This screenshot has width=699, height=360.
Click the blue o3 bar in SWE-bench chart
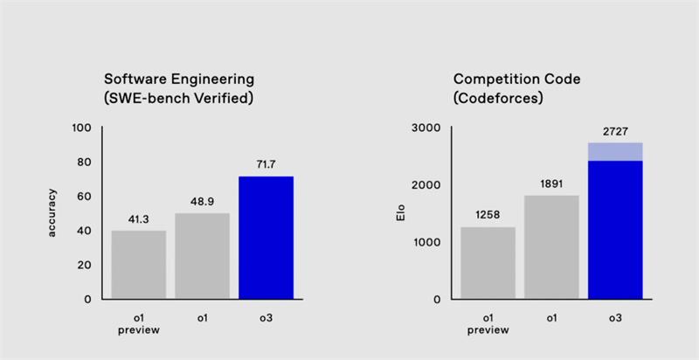[266, 237]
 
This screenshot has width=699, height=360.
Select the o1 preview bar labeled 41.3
[139, 264]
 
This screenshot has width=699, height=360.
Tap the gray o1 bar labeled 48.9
[202, 255]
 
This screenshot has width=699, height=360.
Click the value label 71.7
[266, 165]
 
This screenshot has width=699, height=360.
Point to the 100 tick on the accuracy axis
[82, 128]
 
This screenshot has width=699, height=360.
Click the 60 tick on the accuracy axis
[85, 196]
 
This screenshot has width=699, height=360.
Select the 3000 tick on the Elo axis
[426, 128]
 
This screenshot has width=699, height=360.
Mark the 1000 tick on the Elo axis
[426, 242]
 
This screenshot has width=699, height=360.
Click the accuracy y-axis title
[52, 213]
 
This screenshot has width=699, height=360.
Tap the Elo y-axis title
[400, 213]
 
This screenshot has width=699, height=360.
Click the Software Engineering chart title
[178, 88]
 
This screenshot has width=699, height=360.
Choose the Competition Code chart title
[516, 88]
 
